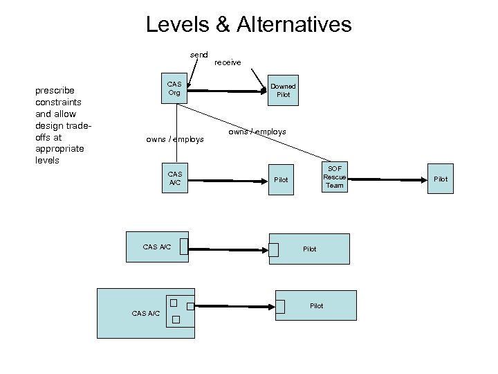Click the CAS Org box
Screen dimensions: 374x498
[174, 89]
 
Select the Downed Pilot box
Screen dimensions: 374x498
[283, 90]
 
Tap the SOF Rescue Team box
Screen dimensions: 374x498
[334, 177]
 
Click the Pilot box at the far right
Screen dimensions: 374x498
[440, 179]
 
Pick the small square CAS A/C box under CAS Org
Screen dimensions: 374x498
[174, 179]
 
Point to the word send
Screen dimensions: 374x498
[199, 54]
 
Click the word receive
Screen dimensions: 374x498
[228, 62]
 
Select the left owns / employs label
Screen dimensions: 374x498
[175, 139]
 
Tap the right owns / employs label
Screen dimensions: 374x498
[257, 132]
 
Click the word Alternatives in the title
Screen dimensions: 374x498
[294, 25]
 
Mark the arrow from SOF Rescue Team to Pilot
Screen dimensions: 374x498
[387, 178]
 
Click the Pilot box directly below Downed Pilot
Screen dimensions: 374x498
[281, 179]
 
